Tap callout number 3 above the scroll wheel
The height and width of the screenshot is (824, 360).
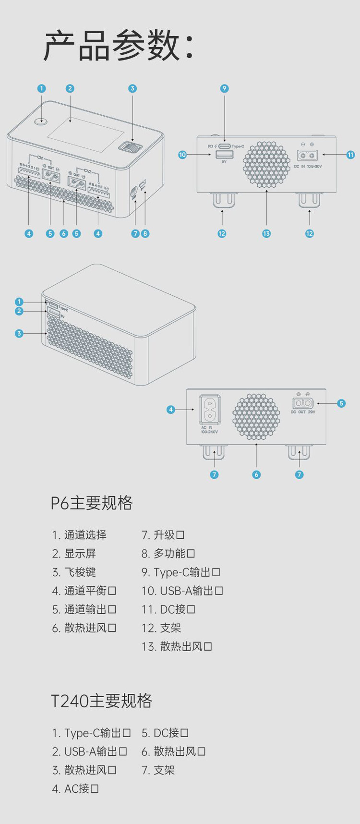tap(132, 88)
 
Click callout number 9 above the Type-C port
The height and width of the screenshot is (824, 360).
tap(224, 88)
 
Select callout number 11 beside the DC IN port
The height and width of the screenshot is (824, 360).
tap(350, 155)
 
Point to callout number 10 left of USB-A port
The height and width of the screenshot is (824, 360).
tap(182, 155)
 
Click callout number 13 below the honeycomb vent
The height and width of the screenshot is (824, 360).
tap(266, 233)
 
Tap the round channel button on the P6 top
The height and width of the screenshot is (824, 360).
tap(41, 121)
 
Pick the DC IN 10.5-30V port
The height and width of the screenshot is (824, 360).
tap(307, 156)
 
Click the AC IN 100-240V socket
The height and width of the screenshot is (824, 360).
tap(210, 410)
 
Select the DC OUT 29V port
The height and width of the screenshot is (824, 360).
tap(303, 403)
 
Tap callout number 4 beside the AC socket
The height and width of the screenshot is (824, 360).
tap(171, 410)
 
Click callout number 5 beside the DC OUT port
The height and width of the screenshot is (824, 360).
tap(341, 403)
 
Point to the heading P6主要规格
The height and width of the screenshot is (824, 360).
tap(92, 503)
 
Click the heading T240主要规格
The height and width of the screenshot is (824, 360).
tap(102, 701)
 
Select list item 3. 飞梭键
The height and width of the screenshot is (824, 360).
tap(74, 572)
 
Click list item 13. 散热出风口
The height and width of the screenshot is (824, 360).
tap(177, 646)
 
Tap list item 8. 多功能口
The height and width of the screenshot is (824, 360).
tap(168, 554)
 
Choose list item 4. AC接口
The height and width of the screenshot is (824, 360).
tap(75, 788)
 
